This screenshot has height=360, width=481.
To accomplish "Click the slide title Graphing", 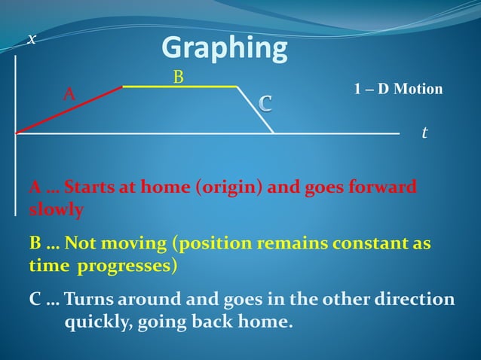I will point(225,49).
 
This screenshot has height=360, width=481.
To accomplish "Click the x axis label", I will point(31,39).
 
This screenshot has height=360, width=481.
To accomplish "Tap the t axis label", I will point(424,133).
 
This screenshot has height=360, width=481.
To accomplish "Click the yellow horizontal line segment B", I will point(179,87).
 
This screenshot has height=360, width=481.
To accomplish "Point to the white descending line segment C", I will point(256,110).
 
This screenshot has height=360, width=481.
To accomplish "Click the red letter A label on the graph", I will point(69,94).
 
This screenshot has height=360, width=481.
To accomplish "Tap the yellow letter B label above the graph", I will point(179,77).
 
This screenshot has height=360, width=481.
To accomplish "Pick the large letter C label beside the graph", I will point(266,102).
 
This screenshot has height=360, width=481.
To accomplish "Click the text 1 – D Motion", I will point(398,89).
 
